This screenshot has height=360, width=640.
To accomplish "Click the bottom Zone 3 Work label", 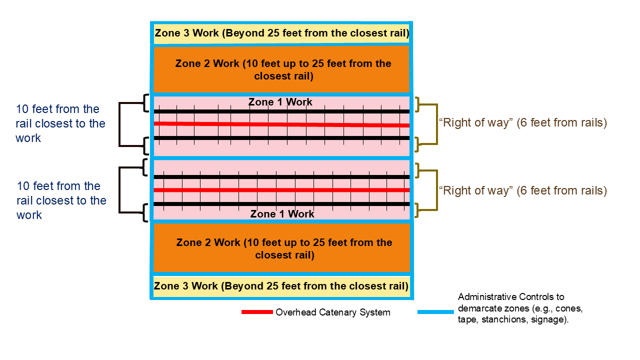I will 281,286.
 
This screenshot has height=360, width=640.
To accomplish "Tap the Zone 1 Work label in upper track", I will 280,102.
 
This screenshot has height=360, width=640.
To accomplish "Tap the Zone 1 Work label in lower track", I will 282,214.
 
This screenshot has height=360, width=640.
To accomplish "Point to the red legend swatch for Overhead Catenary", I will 257,312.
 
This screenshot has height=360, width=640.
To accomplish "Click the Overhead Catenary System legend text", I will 332,312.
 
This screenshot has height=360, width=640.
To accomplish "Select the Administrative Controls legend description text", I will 513,308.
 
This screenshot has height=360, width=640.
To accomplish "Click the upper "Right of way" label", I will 522,123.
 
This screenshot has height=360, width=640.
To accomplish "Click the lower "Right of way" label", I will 522,190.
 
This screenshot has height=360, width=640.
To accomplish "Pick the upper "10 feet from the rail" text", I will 60,123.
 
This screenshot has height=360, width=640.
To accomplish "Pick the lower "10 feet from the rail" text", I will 61,200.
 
